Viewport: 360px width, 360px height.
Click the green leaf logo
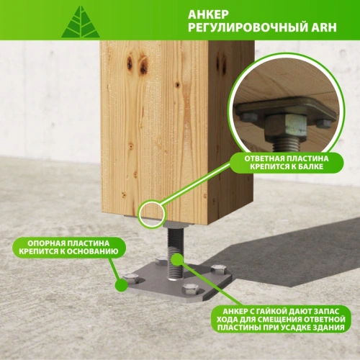(80, 22)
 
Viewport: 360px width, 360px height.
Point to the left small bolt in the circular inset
(248, 117)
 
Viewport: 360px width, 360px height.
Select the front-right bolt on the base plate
(189, 289)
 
